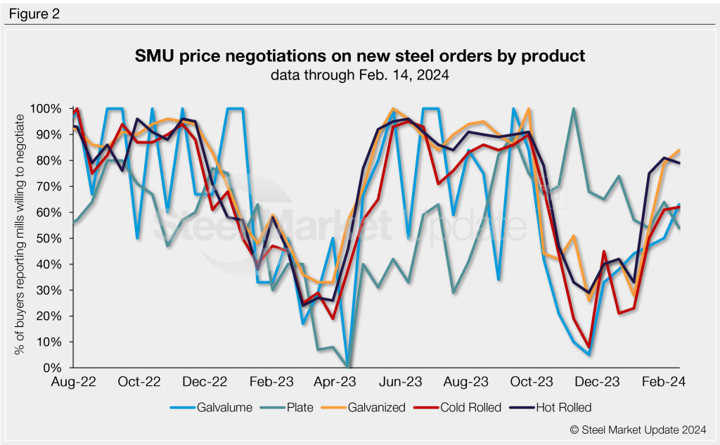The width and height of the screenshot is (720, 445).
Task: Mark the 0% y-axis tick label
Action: [55, 368]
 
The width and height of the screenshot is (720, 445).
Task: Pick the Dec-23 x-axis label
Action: [600, 382]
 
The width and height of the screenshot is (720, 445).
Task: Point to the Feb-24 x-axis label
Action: [667, 382]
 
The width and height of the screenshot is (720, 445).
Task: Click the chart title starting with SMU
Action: [359, 56]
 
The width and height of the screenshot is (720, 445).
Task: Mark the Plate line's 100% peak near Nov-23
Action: [574, 109]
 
